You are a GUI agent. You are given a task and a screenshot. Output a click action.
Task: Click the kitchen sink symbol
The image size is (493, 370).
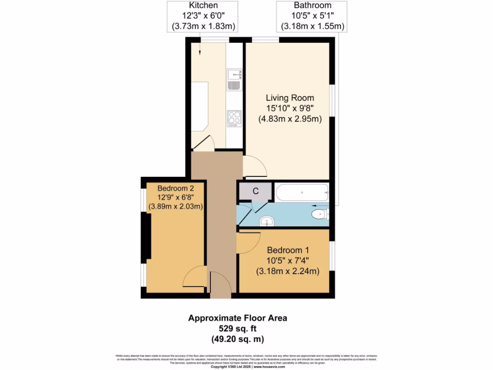pyautogui.click(x=234, y=79)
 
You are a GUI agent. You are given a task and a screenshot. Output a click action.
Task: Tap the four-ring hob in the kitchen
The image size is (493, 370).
pyautogui.click(x=234, y=119)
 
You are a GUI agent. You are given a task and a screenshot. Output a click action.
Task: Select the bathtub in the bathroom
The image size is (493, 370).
pyautogui.click(x=302, y=193)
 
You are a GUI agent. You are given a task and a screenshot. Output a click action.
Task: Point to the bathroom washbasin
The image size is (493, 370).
pyautogui.click(x=266, y=222)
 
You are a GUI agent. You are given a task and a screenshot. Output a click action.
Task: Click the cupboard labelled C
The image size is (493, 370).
pyautogui.click(x=256, y=191)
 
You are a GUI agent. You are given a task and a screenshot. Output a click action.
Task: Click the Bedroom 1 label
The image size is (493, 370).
pyautogui.click(x=288, y=250)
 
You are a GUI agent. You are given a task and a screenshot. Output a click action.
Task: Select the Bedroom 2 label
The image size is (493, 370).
pyautogui.click(x=176, y=188)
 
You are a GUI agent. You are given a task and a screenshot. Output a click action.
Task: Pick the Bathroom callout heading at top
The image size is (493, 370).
pyautogui.click(x=312, y=5)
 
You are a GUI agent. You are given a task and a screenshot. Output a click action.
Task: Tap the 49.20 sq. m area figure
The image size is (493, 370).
pyautogui.click(x=237, y=339)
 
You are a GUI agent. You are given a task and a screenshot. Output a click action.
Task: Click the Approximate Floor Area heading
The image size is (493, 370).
pyautogui.click(x=237, y=318)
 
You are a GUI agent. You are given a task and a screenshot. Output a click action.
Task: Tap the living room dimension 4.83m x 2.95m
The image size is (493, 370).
pyautogui.click(x=289, y=119)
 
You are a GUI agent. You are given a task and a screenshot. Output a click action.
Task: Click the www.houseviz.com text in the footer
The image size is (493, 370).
pyautogui.click(x=270, y=367)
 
